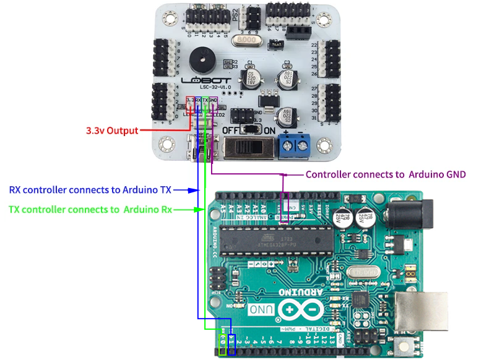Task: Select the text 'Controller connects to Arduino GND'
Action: [386, 174]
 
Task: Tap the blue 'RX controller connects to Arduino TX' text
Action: [90, 190]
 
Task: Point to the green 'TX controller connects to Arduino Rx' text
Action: [90, 210]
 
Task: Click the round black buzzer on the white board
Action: [202, 60]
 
